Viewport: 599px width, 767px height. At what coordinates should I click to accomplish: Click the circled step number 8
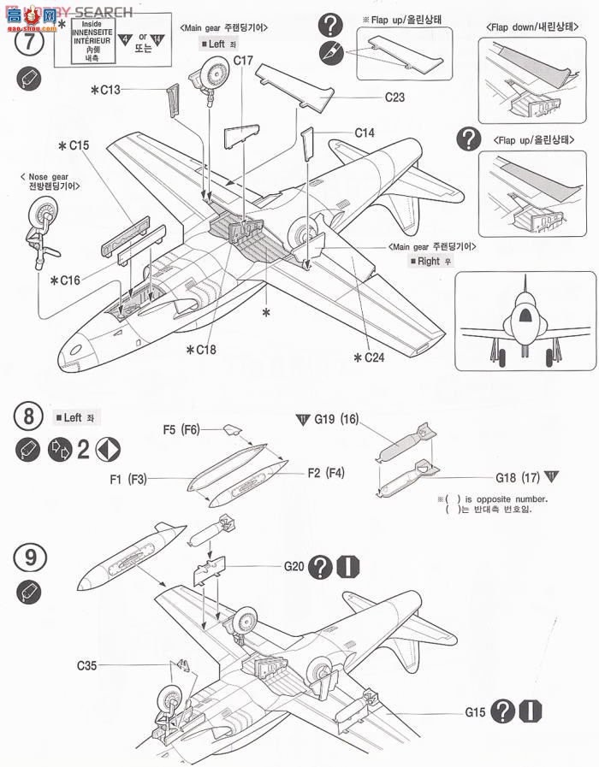[28, 417]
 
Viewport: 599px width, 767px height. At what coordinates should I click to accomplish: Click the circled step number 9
[28, 557]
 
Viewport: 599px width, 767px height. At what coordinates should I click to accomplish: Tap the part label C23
[394, 97]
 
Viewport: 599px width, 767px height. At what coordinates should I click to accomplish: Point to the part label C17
[244, 61]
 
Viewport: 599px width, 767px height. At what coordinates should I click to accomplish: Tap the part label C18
[202, 349]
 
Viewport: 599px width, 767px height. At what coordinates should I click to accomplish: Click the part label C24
[370, 357]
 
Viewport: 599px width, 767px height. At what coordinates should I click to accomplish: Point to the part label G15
[476, 711]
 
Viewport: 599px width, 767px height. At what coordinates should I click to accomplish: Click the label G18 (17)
[515, 477]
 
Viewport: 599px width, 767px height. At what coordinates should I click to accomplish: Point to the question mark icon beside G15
[504, 711]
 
